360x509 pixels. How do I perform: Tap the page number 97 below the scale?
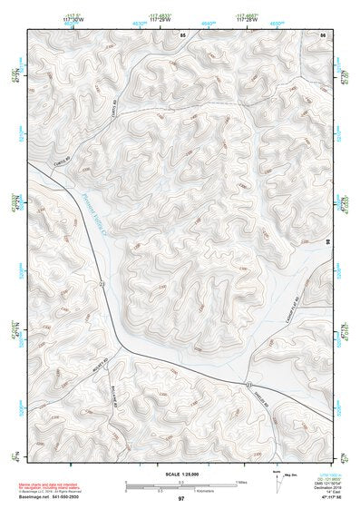pyautogui.click(x=181, y=499)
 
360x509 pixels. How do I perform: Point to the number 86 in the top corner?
pyautogui.click(x=322, y=34)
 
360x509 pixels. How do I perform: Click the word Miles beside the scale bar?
pyautogui.click(x=241, y=481)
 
